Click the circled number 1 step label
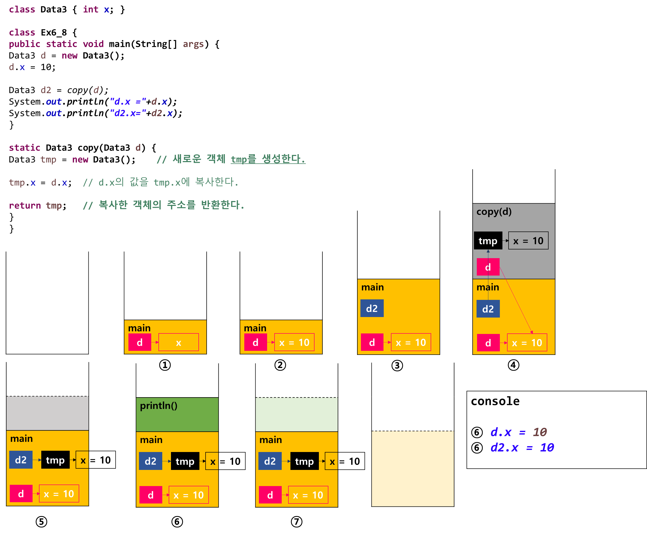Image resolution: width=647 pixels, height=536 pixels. pyautogui.click(x=165, y=365)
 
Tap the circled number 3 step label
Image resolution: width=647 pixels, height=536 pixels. pyautogui.click(x=397, y=365)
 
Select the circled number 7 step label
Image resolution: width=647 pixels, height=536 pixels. pyautogui.click(x=296, y=522)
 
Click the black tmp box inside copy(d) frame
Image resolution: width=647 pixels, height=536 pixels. pyautogui.click(x=488, y=240)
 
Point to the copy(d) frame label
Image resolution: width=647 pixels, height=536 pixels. pyautogui.click(x=494, y=212)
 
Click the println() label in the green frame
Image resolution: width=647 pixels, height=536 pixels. pyautogui.click(x=159, y=406)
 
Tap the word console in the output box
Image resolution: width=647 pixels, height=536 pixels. pyautogui.click(x=495, y=401)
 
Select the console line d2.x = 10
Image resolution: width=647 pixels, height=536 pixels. pyautogui.click(x=522, y=448)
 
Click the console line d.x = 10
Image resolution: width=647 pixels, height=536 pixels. pyautogui.click(x=519, y=432)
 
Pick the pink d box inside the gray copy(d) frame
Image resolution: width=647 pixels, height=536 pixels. pyautogui.click(x=488, y=267)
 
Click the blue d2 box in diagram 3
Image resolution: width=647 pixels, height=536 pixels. pyautogui.click(x=372, y=308)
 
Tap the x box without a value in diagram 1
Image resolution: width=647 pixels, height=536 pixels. pyautogui.click(x=178, y=342)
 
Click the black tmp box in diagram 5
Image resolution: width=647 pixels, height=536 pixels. pyautogui.click(x=55, y=460)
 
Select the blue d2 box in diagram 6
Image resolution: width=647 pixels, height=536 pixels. pyautogui.click(x=150, y=461)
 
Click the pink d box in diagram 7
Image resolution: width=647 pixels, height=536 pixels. pyautogui.click(x=270, y=495)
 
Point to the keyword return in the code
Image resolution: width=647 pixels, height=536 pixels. pyautogui.click(x=25, y=205)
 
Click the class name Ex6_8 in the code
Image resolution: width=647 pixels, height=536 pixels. pyautogui.click(x=54, y=33)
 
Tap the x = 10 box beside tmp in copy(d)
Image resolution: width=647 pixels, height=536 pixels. pyautogui.click(x=528, y=240)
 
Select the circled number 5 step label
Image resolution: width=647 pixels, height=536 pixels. pyautogui.click(x=41, y=522)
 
